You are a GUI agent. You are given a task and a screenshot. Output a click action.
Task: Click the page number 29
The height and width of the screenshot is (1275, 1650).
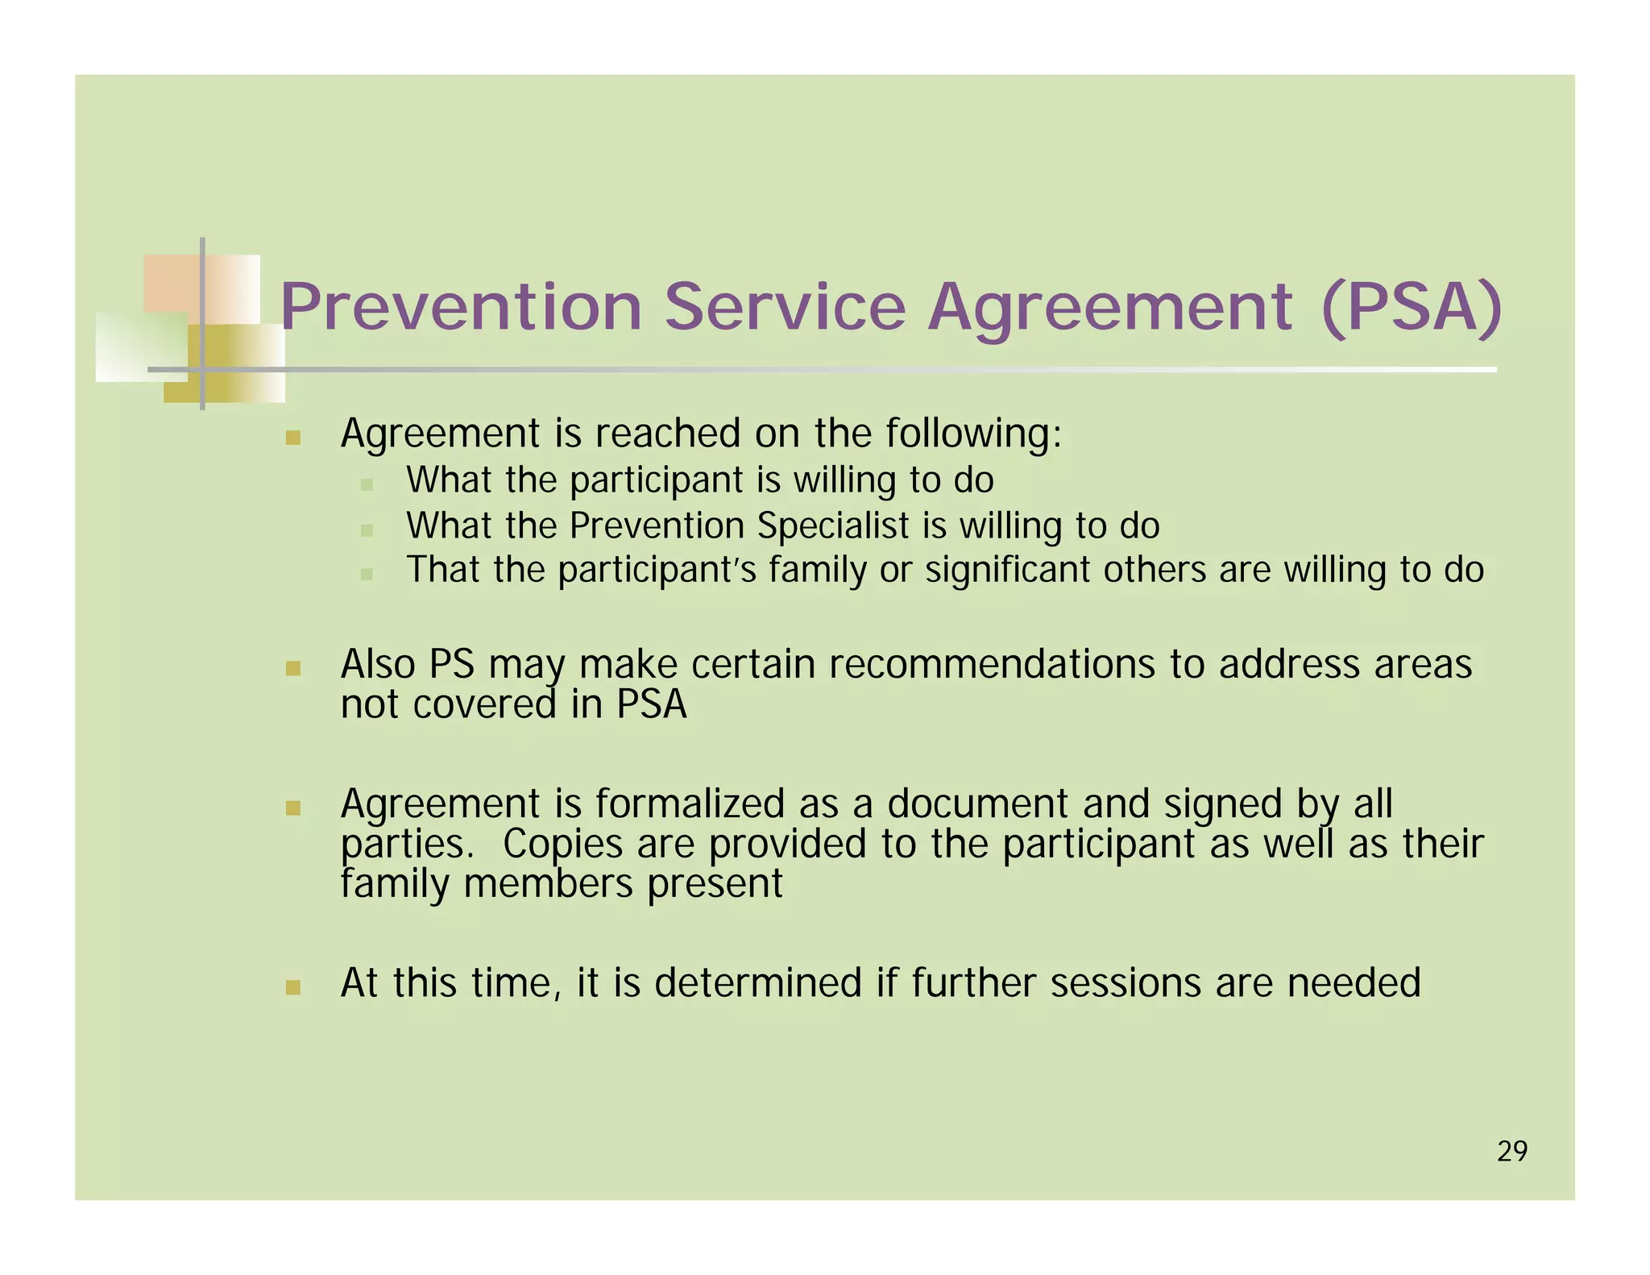pyautogui.click(x=1512, y=1152)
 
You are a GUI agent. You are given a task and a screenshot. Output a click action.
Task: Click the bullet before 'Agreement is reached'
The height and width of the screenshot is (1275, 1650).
pyautogui.click(x=293, y=438)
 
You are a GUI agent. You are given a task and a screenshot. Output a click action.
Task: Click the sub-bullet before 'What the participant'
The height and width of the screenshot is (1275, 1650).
pyautogui.click(x=367, y=484)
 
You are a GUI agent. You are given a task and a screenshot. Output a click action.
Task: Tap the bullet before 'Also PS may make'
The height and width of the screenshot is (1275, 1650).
pyautogui.click(x=293, y=669)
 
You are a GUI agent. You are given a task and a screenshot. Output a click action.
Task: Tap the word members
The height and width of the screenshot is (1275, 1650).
pyautogui.click(x=548, y=883)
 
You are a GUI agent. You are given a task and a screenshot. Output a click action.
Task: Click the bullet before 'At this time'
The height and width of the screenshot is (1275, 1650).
pyautogui.click(x=293, y=988)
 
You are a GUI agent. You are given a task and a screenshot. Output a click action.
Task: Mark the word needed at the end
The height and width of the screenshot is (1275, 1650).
pyautogui.click(x=1354, y=983)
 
